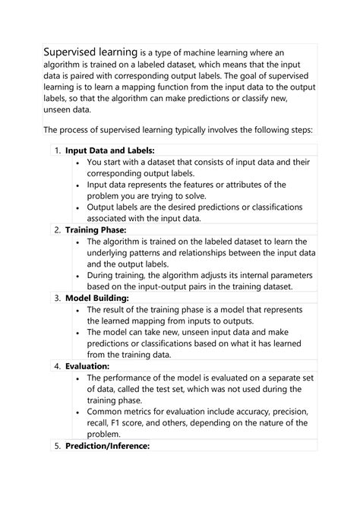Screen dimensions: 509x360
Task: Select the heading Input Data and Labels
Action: click(109, 150)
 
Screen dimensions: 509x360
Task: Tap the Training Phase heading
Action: click(96, 229)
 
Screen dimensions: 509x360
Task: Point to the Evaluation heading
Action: click(87, 365)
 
